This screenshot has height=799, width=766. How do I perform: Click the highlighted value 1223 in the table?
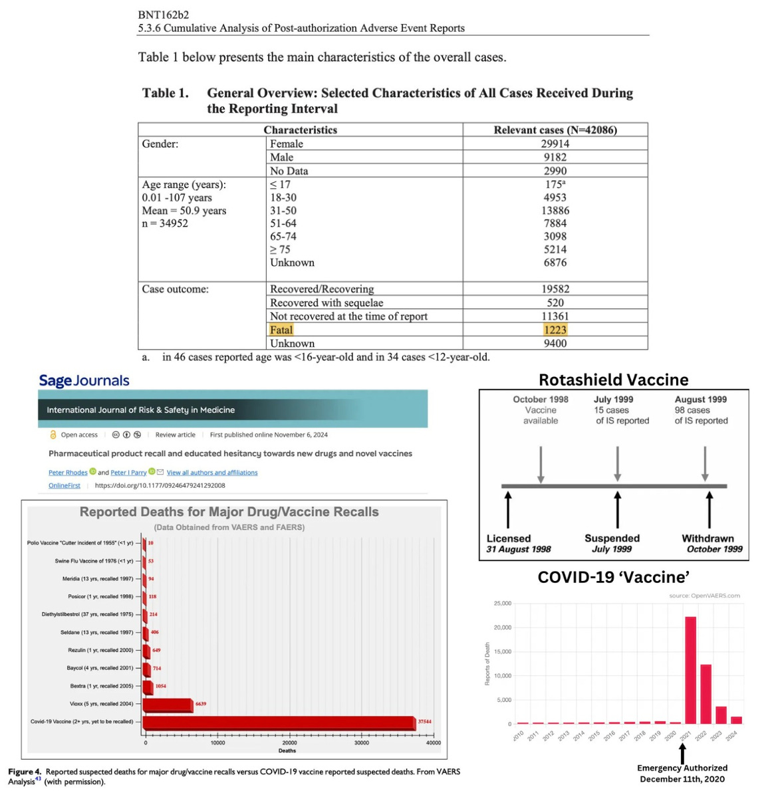coord(555,330)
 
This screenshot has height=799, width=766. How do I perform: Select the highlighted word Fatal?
coord(281,330)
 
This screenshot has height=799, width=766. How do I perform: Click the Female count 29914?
coord(555,144)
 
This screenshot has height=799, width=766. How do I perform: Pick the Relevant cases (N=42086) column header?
coord(555,130)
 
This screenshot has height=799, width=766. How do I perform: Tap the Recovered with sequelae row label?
coord(326,302)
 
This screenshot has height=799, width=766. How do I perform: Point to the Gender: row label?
coord(160,144)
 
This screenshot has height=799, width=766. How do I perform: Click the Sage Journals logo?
coord(84,381)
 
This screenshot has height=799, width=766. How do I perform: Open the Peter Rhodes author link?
coord(68,473)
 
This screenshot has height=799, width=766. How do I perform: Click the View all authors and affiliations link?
coord(212,473)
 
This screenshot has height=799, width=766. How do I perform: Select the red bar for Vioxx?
coord(168,705)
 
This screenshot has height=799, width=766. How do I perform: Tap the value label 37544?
coord(424,721)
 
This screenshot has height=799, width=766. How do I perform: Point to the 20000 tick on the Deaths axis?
coord(289,743)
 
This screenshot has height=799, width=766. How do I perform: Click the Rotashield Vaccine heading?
coord(613,380)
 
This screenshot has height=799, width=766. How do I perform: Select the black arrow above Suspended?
coord(617,510)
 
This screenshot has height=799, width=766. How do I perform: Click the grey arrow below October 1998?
coord(541,463)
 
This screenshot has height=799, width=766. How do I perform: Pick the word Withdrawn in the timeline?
coord(707,538)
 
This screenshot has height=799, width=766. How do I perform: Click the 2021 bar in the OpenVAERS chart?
coord(690,669)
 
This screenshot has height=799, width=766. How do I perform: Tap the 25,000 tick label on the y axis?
coord(503,604)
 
